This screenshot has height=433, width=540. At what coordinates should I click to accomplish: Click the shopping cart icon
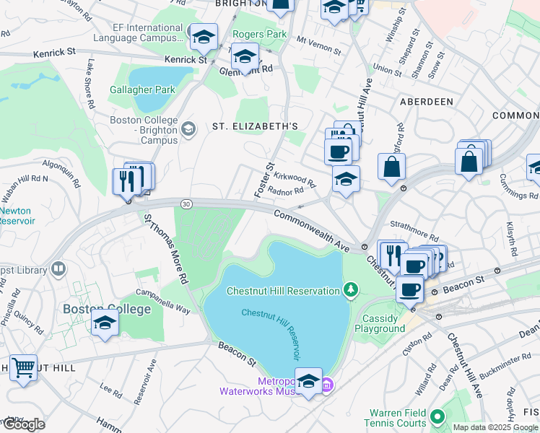point(23,368)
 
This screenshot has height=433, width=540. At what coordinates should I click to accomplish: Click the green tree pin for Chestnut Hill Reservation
point(351,290)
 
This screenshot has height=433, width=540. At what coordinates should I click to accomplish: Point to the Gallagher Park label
point(142,90)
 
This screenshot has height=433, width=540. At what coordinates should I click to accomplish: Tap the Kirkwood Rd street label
point(295,178)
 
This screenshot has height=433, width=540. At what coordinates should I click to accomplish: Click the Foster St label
point(264,181)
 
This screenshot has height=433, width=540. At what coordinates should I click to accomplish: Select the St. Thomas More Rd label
point(165,248)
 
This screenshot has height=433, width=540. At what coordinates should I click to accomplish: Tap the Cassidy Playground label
point(380,323)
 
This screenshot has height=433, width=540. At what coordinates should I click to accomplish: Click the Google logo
point(24,424)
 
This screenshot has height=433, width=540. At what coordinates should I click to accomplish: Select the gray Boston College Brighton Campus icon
point(188,129)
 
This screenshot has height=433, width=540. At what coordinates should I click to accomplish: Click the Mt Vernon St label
point(318,48)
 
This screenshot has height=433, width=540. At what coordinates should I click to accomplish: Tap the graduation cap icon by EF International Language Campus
point(204,37)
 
